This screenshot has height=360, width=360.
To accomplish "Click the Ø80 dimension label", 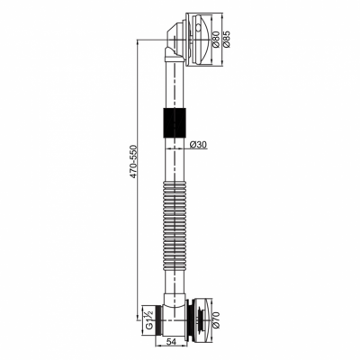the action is tap(215, 39).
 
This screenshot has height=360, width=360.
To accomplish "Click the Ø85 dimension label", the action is tap(227, 39).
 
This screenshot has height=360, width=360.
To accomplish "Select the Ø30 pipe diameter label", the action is tap(198, 145).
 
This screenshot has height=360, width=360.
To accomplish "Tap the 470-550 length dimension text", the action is tap(133, 162).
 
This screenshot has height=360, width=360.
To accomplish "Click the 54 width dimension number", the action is tap(171, 341).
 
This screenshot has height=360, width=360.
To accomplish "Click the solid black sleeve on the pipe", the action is tap(175, 122).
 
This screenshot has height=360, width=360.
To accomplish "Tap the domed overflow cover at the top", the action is tap(200, 39).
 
